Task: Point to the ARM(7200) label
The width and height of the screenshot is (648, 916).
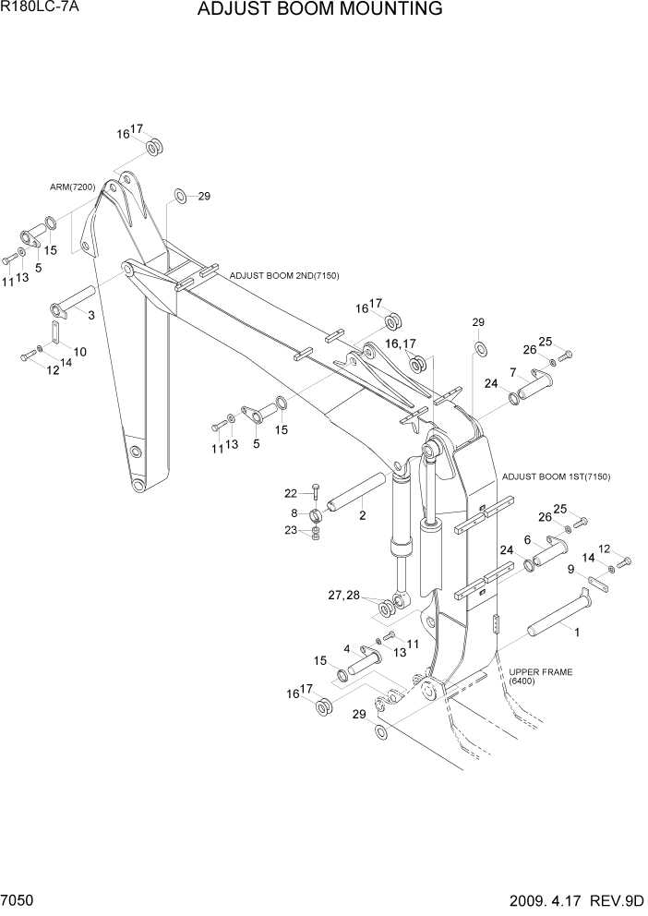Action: coord(73,187)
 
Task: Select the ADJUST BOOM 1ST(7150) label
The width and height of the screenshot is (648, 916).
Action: coord(557,476)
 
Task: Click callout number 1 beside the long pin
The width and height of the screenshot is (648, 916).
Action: coord(577,633)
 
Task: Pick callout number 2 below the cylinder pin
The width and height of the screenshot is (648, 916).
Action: coord(363,516)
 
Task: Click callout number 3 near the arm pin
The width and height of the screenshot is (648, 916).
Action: coord(90,316)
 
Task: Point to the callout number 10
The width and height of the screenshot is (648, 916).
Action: coord(80,352)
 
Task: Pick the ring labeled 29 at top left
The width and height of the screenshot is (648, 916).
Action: coord(181,196)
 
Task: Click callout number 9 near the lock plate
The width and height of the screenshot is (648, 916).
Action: coord(571,569)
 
